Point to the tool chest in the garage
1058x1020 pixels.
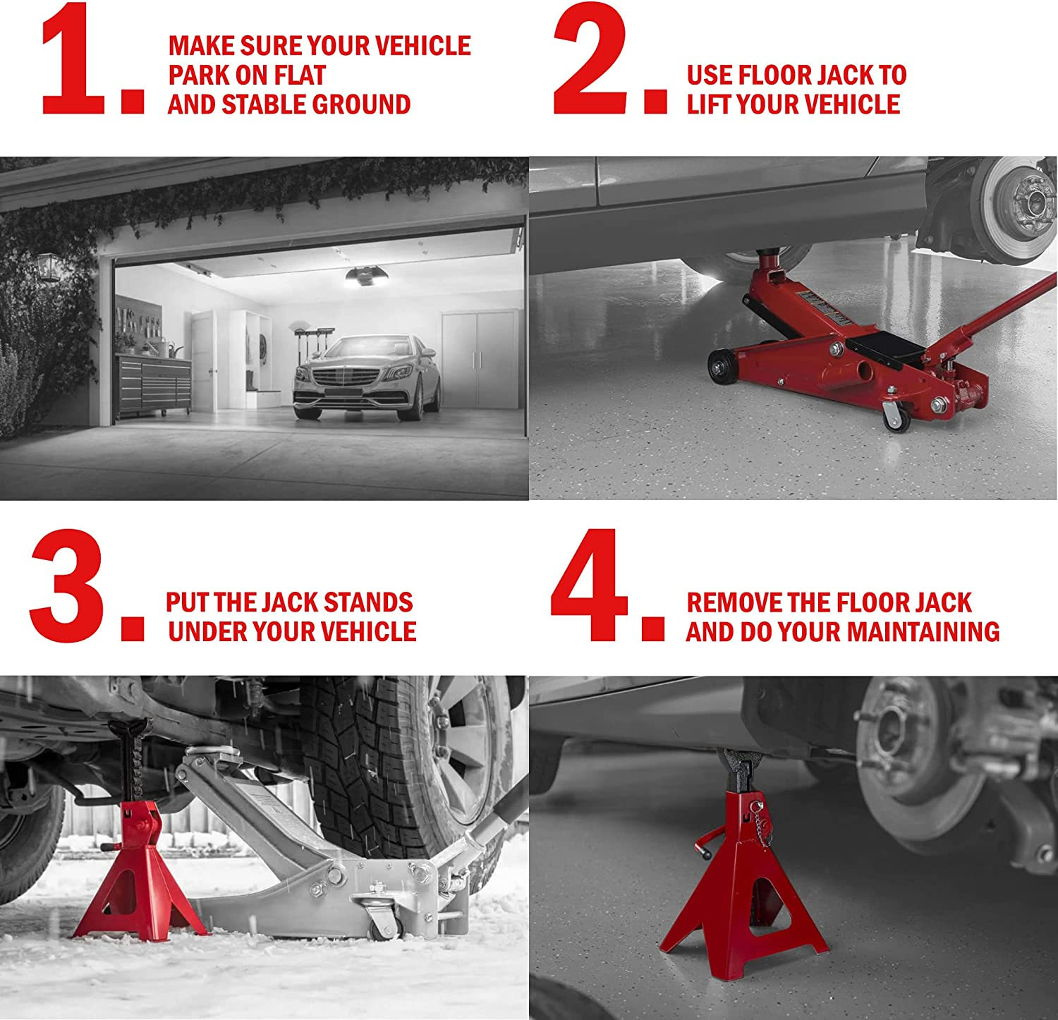154,384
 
